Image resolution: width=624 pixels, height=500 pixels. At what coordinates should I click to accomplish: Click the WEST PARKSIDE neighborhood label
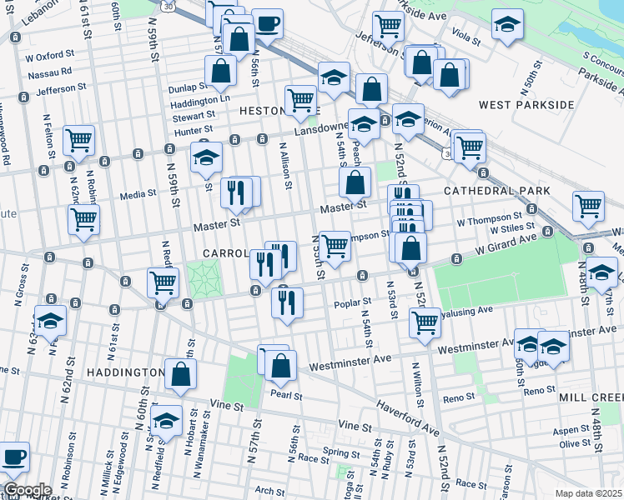click(x=526, y=105)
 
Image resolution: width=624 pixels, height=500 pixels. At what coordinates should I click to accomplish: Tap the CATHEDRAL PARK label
click(x=496, y=191)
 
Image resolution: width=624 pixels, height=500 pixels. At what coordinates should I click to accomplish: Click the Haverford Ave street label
click(x=406, y=417)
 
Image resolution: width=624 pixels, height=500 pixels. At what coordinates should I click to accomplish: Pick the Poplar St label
click(x=353, y=302)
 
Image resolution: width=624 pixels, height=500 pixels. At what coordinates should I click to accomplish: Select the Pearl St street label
click(x=284, y=396)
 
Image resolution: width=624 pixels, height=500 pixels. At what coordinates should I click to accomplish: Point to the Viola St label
click(x=465, y=40)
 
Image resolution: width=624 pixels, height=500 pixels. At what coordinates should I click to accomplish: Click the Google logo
click(x=28, y=490)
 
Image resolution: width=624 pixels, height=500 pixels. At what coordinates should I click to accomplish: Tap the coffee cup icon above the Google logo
click(x=13, y=457)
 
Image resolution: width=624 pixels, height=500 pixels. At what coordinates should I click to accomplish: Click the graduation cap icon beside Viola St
click(x=506, y=25)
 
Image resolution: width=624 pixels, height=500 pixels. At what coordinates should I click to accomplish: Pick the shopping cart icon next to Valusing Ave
click(x=425, y=322)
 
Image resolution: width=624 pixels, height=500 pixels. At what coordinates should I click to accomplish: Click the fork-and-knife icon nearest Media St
click(x=236, y=192)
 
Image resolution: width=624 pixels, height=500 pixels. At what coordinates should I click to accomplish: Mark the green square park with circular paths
click(x=200, y=278)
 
